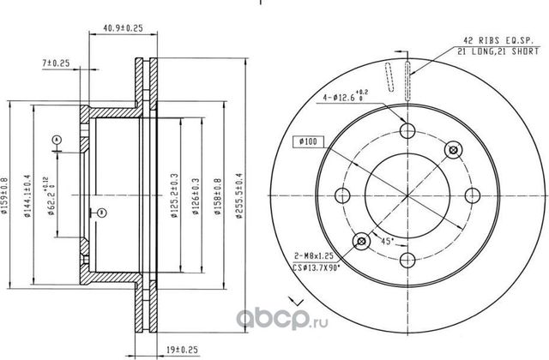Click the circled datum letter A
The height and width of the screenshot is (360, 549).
[x=56, y=139]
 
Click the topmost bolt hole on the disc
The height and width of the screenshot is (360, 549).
[x=407, y=131]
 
